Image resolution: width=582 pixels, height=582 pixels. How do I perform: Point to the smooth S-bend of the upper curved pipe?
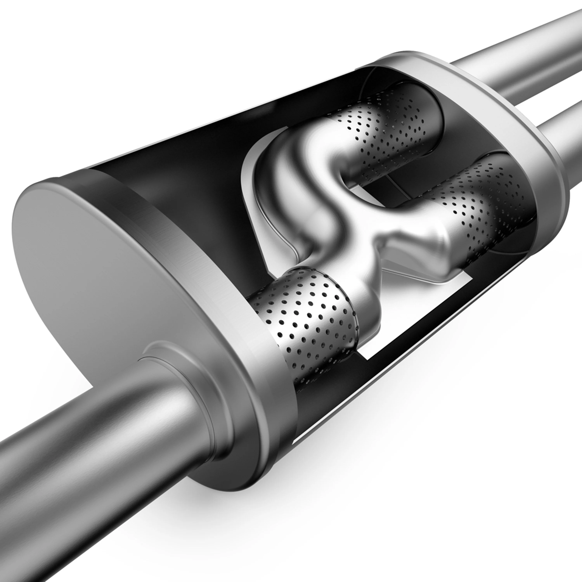pyautogui.click(x=301, y=169)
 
